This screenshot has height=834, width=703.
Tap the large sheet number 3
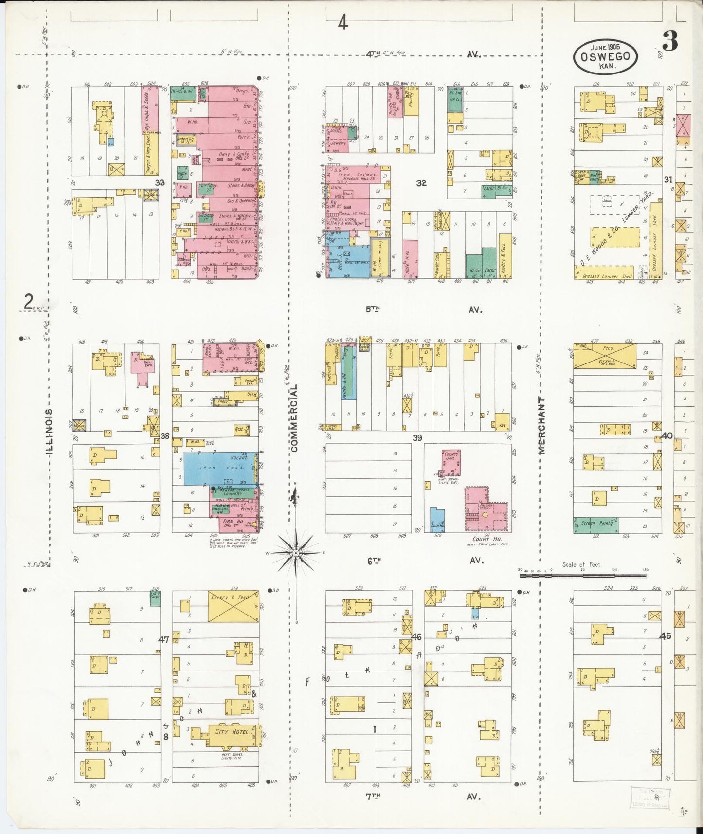click(670, 43)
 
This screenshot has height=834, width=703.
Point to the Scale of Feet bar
click(583, 575)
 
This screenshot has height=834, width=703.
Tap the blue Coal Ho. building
click(437, 519)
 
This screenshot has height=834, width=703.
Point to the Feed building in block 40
click(605, 356)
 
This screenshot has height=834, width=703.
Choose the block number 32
click(421, 183)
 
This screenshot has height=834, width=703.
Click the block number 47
click(163, 639)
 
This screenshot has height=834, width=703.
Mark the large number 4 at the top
click(343, 22)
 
